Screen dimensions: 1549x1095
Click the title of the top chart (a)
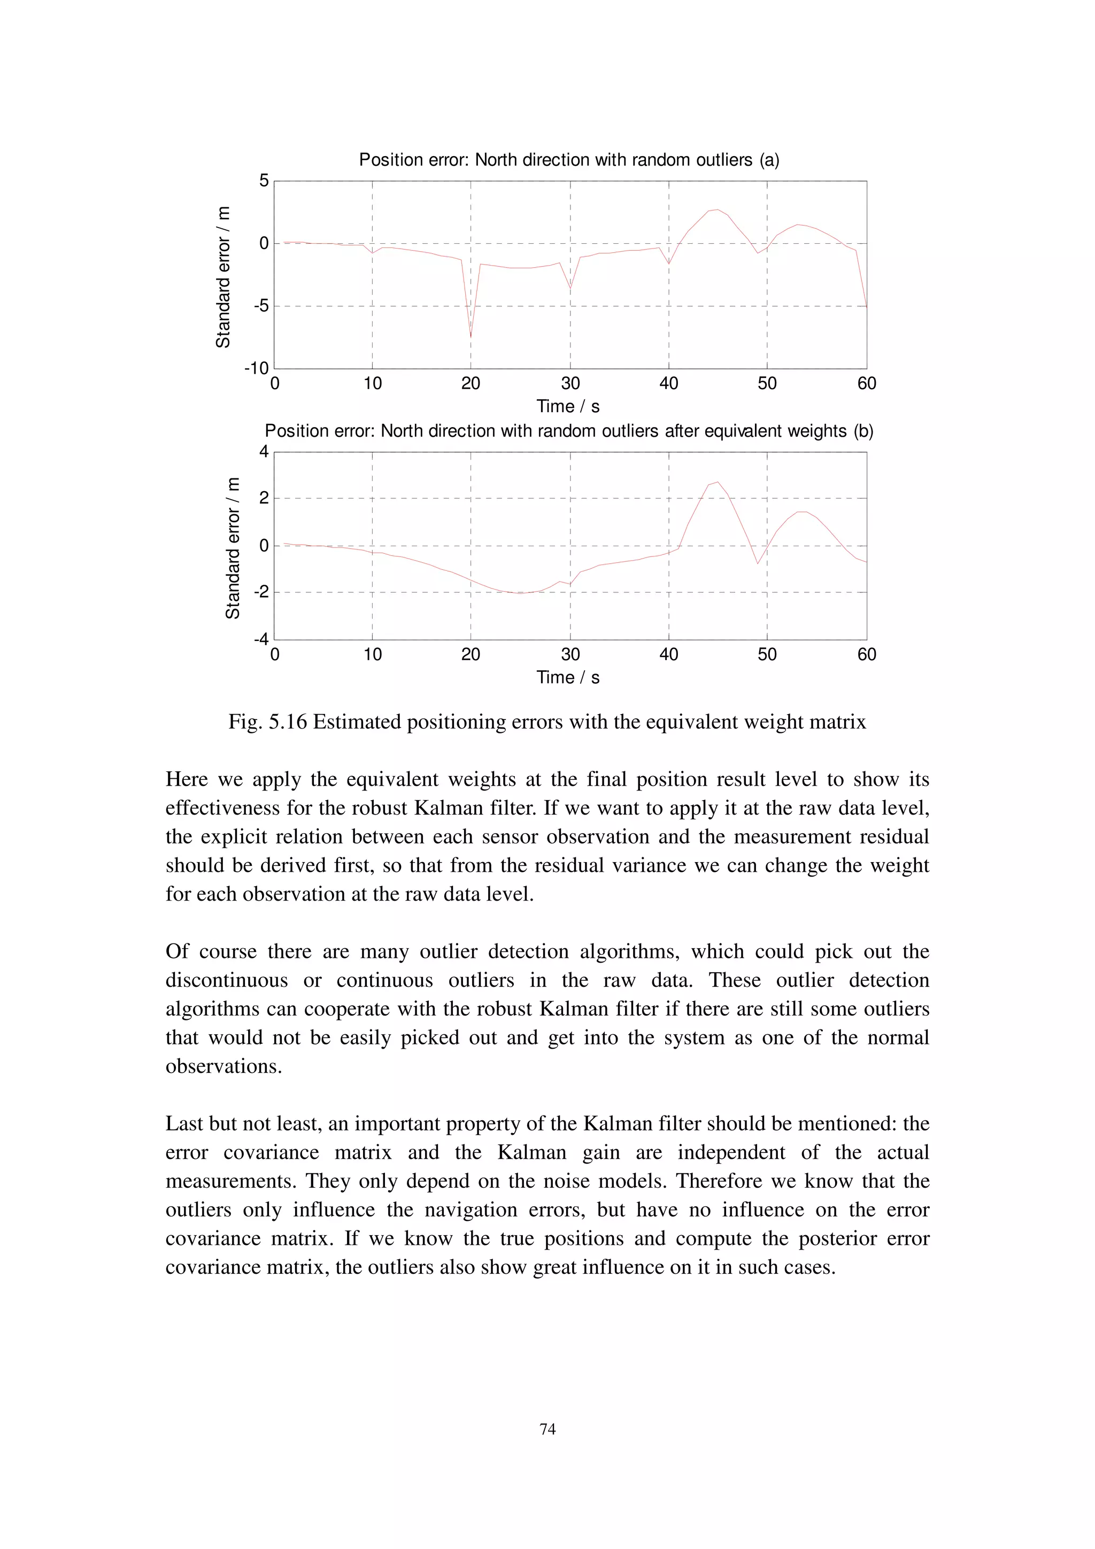coord(569,160)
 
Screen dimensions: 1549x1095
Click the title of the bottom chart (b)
coord(569,431)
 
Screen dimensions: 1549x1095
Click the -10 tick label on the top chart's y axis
coord(257,368)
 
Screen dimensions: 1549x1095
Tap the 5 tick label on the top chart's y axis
coord(264,181)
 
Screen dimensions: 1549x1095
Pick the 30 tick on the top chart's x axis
coord(570,384)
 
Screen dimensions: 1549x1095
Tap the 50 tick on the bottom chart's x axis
coord(767,654)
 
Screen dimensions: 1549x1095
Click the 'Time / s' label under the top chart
coord(568,407)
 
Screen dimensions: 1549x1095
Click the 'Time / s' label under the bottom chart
coord(568,677)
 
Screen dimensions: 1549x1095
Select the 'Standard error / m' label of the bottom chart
coord(233,548)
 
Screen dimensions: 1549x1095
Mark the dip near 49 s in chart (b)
coord(757,563)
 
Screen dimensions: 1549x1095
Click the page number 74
coord(547,1429)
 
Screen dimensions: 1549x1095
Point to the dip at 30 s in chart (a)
coord(570,289)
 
